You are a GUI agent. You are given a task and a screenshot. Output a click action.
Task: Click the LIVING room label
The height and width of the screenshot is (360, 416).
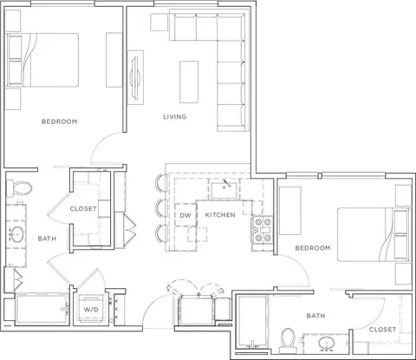(x=175, y=117)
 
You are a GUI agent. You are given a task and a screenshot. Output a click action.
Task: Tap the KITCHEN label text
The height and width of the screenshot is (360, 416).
(x=220, y=215)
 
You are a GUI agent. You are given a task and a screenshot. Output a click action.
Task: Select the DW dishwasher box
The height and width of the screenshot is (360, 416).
(x=185, y=215)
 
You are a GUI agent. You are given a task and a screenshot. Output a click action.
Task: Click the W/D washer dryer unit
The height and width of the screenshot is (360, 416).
(x=91, y=309)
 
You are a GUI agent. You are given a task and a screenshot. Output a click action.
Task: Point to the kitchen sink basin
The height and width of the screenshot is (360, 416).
(x=224, y=190)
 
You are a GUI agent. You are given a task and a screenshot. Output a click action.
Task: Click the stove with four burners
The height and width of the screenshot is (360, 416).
(x=263, y=230)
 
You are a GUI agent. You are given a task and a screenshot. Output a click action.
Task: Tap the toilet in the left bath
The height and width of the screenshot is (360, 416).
(x=19, y=187)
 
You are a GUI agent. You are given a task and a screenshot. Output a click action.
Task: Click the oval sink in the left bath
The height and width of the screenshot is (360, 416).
(x=16, y=234)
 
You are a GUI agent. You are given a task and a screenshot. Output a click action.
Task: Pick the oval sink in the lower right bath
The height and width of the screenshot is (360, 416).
(x=327, y=344)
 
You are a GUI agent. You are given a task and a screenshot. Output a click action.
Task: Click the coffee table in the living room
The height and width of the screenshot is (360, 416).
(x=189, y=82)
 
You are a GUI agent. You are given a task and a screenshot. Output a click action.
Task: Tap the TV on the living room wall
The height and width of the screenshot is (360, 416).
(x=135, y=77)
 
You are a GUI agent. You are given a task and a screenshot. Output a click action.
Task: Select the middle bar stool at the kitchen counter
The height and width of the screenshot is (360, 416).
(x=161, y=207)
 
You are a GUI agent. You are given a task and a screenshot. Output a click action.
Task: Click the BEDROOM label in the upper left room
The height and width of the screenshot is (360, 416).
(x=60, y=121)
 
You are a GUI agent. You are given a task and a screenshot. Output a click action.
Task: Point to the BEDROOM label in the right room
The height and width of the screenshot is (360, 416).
(x=313, y=248)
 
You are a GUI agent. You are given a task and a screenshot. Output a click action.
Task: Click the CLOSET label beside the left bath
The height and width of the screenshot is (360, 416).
(x=83, y=209)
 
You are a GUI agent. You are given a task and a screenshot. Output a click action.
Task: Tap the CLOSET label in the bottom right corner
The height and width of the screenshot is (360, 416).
(x=382, y=330)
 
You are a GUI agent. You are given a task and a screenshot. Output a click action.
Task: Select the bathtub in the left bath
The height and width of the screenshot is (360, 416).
(x=42, y=309)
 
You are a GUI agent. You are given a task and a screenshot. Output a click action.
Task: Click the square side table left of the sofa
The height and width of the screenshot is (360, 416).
(x=159, y=22)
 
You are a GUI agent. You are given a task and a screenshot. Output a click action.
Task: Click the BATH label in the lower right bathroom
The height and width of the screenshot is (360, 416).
(x=315, y=316)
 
